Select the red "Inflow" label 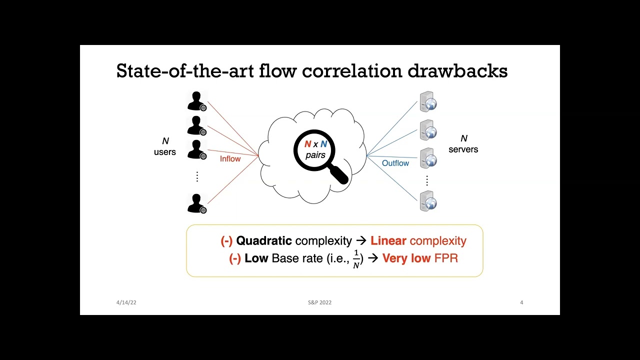(230, 159)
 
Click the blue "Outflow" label (395, 163)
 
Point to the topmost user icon (196, 100)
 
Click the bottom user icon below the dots (196, 203)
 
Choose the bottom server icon (428, 201)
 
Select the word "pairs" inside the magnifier (315, 155)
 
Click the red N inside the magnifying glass (307, 144)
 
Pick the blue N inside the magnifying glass (323, 144)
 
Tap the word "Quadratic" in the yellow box (264, 240)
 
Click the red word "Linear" (388, 240)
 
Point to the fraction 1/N (356, 259)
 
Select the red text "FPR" (446, 258)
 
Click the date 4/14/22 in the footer (126, 302)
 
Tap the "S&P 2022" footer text (319, 302)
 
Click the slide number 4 (521, 302)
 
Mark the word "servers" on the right (463, 149)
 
